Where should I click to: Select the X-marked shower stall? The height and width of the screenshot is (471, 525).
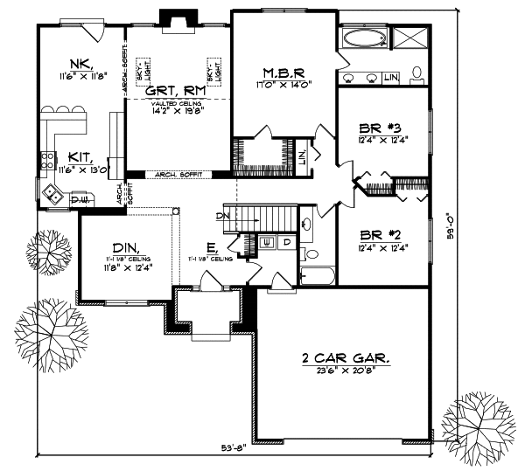[x=408, y=38]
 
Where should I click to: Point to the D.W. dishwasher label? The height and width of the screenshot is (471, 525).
[x=79, y=201]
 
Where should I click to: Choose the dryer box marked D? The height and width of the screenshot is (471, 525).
[x=286, y=240]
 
